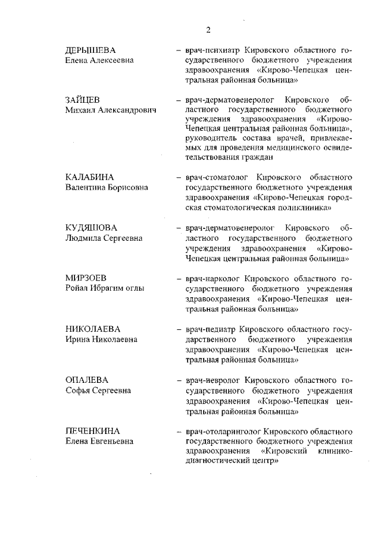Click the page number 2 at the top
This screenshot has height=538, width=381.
(208, 30)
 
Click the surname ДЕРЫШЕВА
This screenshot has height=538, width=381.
(90, 50)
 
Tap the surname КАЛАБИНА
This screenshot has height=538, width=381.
(89, 177)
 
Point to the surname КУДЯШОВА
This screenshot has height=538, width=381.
(92, 228)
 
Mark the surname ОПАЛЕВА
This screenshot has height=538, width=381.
(87, 380)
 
